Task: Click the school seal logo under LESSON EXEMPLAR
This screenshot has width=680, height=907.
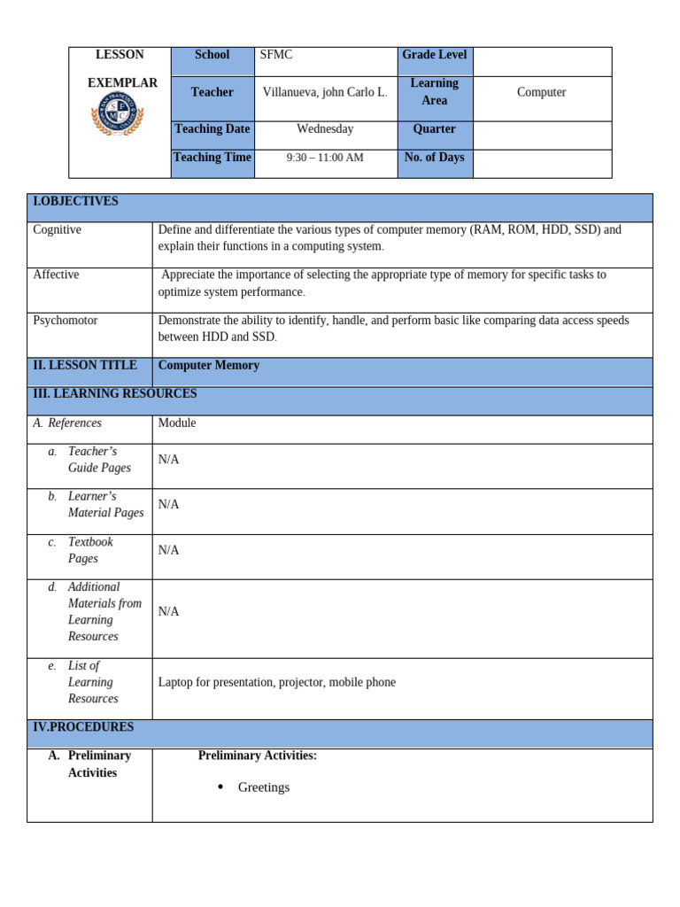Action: (117, 116)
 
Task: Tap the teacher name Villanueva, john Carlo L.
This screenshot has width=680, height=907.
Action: (325, 92)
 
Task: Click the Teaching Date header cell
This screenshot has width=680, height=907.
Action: (212, 129)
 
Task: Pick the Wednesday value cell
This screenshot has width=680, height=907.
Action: (325, 129)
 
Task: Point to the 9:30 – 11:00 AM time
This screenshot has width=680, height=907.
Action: (325, 158)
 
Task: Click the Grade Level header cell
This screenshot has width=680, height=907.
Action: (434, 55)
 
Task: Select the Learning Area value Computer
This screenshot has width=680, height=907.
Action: (541, 92)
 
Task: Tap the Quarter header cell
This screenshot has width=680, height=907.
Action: (434, 129)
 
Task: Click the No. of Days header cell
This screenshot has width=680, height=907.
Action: (434, 158)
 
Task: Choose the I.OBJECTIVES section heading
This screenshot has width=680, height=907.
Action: (75, 202)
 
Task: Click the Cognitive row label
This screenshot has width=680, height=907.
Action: (57, 230)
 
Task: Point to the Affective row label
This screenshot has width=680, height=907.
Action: (56, 275)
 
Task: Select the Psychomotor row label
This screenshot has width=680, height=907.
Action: (66, 321)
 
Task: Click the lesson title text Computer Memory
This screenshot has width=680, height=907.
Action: (209, 366)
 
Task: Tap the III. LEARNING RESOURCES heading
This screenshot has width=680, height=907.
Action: (115, 394)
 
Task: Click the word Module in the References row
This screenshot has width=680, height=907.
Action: (177, 423)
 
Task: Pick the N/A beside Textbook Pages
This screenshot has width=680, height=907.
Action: (168, 550)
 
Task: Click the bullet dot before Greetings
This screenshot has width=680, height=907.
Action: (220, 787)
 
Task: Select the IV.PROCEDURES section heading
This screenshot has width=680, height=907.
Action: (83, 727)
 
